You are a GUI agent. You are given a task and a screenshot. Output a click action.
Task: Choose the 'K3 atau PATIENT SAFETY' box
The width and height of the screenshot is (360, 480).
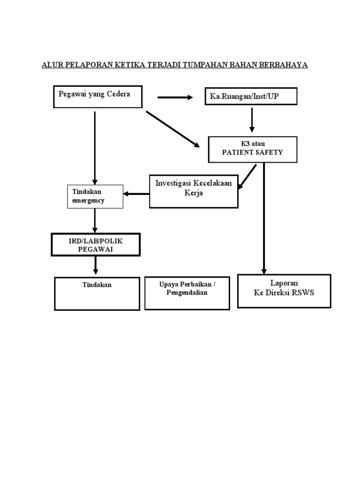point(253,149)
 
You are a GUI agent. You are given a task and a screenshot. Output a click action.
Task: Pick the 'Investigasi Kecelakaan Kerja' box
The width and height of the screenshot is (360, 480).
point(194,191)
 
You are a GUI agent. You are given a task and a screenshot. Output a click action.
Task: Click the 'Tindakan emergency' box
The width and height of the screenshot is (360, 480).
point(96,196)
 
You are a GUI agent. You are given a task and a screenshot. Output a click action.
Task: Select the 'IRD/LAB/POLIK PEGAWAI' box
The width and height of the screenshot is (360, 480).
point(96,245)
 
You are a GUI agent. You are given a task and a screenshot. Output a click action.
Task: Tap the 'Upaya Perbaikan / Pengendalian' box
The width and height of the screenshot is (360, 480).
point(187,293)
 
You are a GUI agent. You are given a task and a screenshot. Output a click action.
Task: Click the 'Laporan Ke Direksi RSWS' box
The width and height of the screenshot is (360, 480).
point(284,291)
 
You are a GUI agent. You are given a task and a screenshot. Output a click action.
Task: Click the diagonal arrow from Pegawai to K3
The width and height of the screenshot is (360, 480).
point(172,129)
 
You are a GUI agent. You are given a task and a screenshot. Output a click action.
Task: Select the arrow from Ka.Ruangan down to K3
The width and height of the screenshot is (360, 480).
point(252,120)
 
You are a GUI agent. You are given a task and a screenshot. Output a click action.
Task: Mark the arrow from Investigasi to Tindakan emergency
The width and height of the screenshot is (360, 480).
point(136,193)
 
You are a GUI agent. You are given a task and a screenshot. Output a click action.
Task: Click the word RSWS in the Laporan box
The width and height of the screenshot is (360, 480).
point(304,293)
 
